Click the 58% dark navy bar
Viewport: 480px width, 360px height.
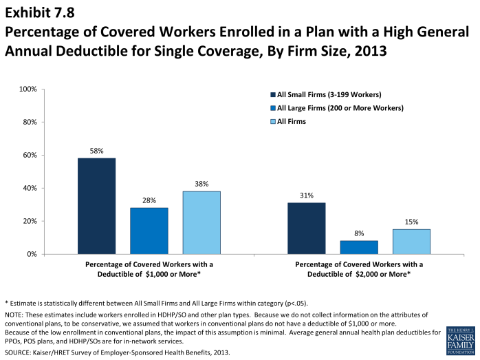[x=96, y=206]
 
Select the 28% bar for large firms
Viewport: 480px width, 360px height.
[x=149, y=231]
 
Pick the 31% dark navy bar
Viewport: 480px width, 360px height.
[x=307, y=228]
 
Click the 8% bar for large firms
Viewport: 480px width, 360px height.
[x=359, y=247]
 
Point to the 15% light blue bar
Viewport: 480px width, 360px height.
[x=411, y=242]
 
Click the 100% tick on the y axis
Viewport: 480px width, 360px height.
[x=28, y=89]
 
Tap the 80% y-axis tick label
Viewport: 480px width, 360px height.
[x=30, y=123]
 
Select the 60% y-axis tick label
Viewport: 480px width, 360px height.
[x=30, y=156]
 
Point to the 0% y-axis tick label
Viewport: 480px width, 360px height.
[x=32, y=255]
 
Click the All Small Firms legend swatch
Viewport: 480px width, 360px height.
[x=273, y=94]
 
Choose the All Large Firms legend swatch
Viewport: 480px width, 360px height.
[x=273, y=108]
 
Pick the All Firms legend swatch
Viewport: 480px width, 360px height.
[x=273, y=121]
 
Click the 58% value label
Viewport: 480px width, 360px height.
[x=96, y=150]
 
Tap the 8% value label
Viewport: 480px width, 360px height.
[x=359, y=233]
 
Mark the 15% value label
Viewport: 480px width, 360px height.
[x=411, y=222]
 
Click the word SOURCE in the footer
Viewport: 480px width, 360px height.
[x=19, y=352]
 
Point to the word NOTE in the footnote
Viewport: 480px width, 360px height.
[x=14, y=313]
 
